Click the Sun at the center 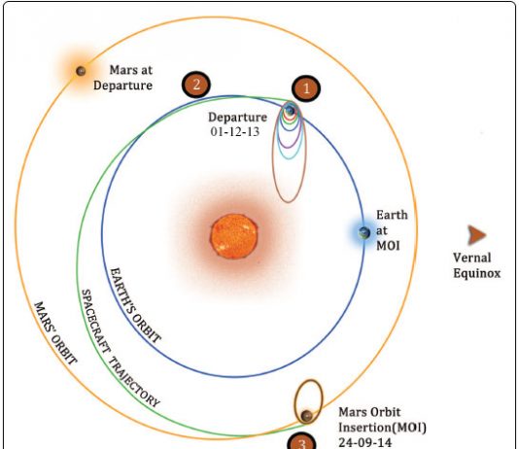(x=233, y=236)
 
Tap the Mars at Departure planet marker (x=81, y=71)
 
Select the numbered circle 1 (x=306, y=88)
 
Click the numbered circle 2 (x=196, y=85)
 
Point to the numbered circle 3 (x=301, y=441)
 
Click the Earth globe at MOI (x=364, y=233)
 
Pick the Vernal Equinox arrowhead (x=476, y=235)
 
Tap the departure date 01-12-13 (x=235, y=132)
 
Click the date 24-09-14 (x=365, y=443)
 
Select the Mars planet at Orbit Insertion (x=307, y=416)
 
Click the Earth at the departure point (x=291, y=111)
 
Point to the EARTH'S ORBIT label (x=135, y=305)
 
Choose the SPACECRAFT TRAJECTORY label (x=121, y=349)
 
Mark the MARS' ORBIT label (x=55, y=332)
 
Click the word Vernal (x=471, y=258)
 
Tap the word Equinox (x=476, y=273)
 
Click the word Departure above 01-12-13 (x=238, y=118)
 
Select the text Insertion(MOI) (x=382, y=428)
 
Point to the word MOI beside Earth (x=388, y=246)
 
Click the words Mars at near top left (x=131, y=70)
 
